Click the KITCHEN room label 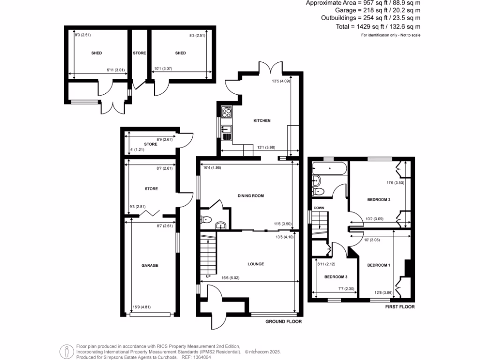point(262,121)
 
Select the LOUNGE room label point(256,264)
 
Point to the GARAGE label point(150,265)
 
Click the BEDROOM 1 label point(378,265)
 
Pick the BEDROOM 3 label point(336,277)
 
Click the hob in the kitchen point(227,113)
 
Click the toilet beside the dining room point(207,218)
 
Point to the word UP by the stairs point(208,277)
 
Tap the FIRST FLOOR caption point(400,307)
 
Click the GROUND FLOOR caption point(283,322)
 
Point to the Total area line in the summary point(378,27)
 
